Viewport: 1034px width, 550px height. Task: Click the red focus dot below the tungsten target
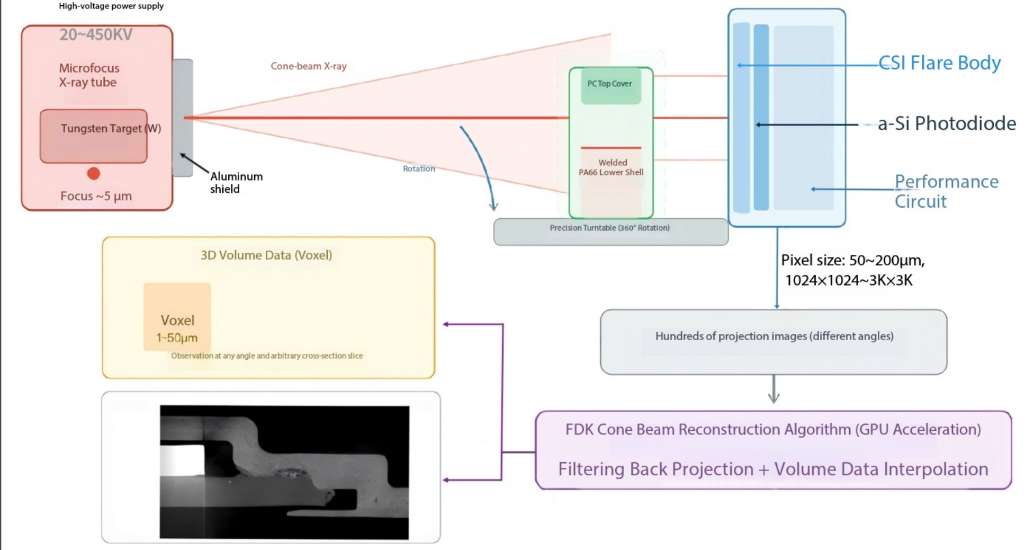[93, 173]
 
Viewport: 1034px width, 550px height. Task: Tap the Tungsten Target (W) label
[111, 128]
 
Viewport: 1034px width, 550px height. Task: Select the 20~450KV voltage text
[96, 34]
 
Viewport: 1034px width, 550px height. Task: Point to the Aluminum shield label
[236, 183]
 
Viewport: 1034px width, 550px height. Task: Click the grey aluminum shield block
[182, 118]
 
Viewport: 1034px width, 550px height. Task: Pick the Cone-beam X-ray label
[309, 66]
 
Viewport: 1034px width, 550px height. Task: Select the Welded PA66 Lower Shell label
[612, 167]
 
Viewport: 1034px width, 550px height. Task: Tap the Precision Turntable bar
[610, 232]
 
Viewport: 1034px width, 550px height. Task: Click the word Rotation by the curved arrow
[419, 168]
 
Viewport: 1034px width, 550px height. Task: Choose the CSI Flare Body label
[940, 63]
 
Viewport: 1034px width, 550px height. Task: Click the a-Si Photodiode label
[947, 123]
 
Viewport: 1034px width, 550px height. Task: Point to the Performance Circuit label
[947, 191]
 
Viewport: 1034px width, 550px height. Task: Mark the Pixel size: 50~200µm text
[853, 260]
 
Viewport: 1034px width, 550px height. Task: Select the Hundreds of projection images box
[774, 342]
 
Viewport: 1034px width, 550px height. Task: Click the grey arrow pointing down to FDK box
[774, 389]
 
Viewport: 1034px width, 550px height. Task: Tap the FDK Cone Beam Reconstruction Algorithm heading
[773, 429]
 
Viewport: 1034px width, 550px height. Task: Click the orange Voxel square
[177, 317]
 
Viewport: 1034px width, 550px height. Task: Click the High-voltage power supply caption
[111, 6]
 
